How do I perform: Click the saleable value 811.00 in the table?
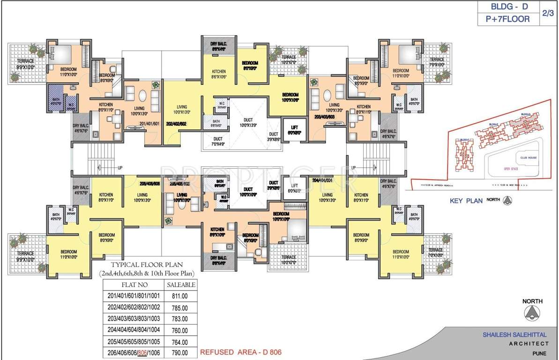(x=180, y=296)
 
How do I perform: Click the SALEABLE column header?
(x=180, y=285)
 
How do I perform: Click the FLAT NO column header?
(x=133, y=285)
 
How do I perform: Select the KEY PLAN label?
(x=466, y=201)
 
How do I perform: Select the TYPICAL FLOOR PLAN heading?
(x=147, y=264)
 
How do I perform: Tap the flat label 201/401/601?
(x=150, y=124)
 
